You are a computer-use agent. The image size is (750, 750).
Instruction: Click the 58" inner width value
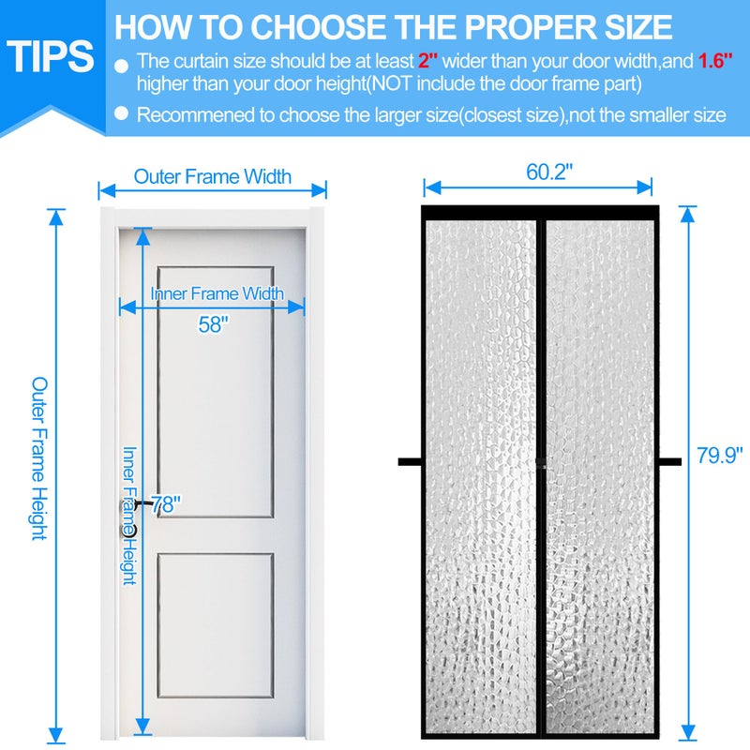click(x=214, y=324)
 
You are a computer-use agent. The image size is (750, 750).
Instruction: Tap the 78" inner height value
click(x=166, y=504)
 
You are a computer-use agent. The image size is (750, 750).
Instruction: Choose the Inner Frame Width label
click(x=217, y=293)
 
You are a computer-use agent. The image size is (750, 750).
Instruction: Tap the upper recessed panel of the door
click(x=215, y=403)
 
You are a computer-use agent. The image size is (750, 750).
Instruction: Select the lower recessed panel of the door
click(x=215, y=623)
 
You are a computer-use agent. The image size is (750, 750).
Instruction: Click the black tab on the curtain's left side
click(x=409, y=460)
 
